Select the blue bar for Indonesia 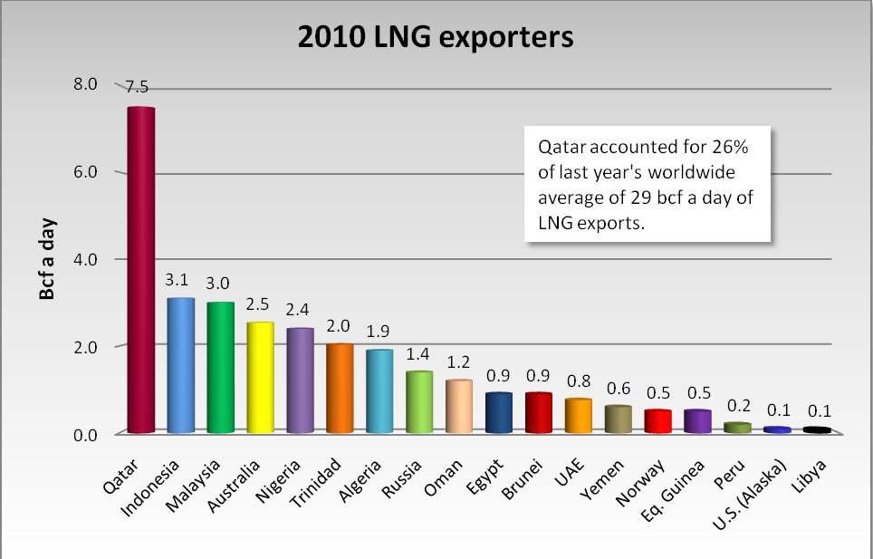(181, 366)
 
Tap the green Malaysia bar (221, 368)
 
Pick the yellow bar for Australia (261, 379)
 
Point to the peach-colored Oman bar (459, 407)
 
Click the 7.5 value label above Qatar (137, 87)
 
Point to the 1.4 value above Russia (419, 353)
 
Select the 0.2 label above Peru (737, 406)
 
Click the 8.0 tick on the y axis (85, 84)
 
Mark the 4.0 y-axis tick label (85, 259)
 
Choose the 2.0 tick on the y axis (85, 347)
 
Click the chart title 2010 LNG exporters (436, 37)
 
